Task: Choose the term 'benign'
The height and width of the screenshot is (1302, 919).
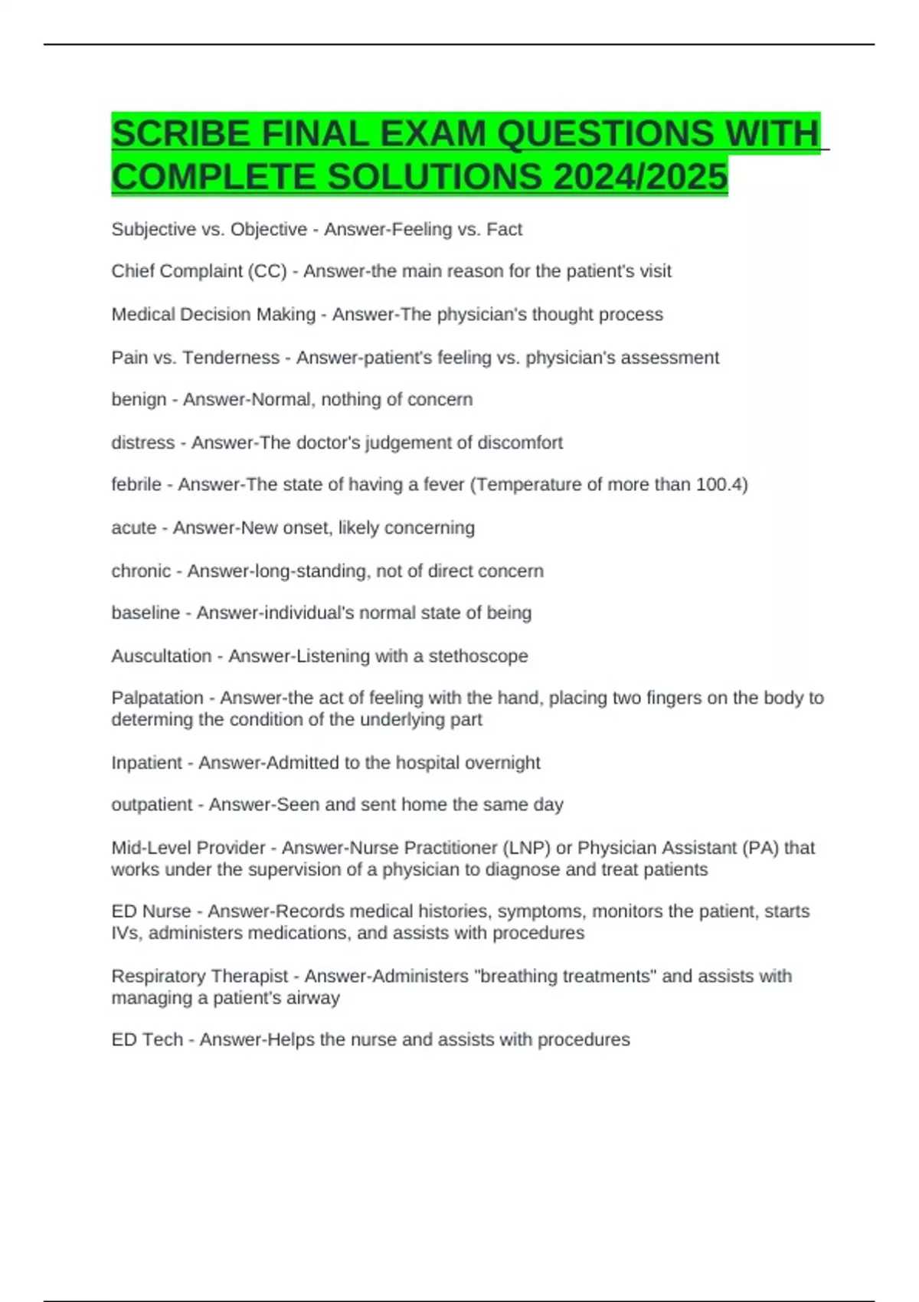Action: [139, 400]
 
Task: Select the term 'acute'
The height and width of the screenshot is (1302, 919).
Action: [134, 528]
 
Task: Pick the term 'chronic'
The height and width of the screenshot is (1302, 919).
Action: [141, 571]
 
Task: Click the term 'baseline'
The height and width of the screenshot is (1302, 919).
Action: [146, 613]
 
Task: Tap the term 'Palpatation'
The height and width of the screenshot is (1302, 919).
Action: [157, 698]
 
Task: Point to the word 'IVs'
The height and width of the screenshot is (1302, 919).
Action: [125, 933]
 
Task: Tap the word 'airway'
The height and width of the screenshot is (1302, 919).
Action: [314, 998]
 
